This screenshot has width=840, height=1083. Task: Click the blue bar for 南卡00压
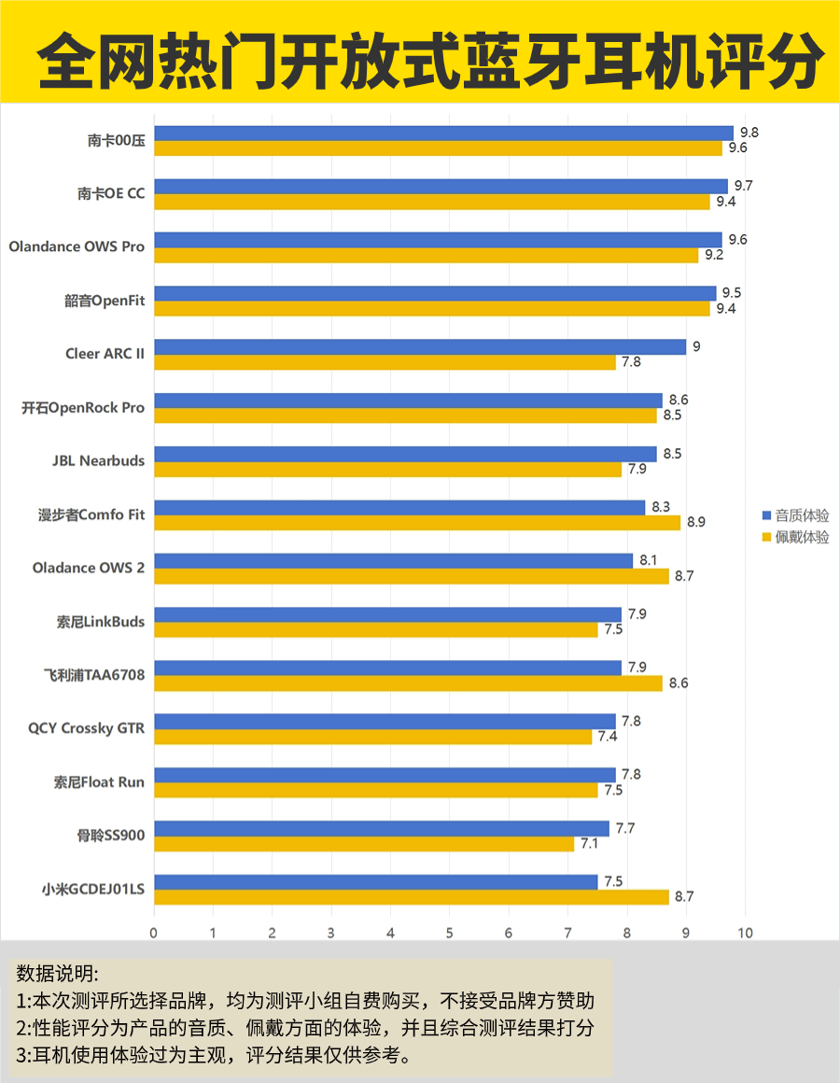443,133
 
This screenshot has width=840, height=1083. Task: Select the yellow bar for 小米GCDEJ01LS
411,897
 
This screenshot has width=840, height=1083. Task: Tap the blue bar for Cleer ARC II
420,347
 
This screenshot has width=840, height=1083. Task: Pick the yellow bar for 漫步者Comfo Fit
417,523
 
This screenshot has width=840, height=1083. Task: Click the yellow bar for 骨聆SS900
364,844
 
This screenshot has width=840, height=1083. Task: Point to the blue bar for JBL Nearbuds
405,454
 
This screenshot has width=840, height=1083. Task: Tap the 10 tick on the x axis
744,932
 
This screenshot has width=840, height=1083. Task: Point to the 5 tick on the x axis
449,932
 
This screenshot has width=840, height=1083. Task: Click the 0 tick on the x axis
154,932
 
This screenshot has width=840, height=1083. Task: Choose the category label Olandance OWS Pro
77,247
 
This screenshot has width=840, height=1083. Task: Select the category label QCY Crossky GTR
87,728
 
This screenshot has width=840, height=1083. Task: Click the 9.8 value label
749,133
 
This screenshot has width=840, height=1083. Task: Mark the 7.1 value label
590,844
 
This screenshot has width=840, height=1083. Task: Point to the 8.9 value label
696,523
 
